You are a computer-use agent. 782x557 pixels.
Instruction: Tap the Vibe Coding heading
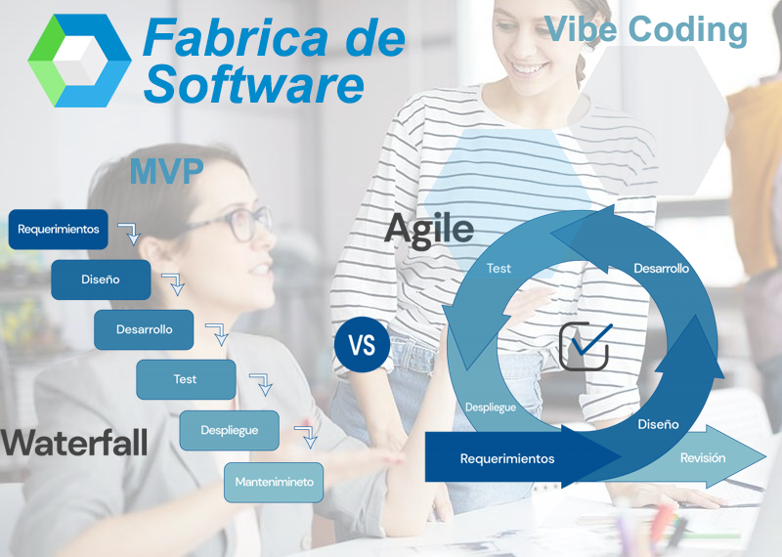coord(646,29)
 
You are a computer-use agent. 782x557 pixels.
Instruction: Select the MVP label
coord(166,172)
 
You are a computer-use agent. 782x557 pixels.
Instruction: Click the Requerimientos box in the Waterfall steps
coord(59,230)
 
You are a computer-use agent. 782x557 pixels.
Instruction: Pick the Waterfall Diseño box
coord(101,279)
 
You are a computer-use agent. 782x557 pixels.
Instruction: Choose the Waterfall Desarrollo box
coord(144,329)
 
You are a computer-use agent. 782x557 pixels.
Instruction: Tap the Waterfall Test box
coord(186,379)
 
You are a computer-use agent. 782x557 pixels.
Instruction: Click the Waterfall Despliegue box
coord(229,430)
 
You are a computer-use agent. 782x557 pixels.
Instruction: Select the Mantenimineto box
coord(274,482)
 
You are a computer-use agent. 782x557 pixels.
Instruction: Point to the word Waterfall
coord(74,442)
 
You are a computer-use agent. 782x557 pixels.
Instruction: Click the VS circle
coord(362,345)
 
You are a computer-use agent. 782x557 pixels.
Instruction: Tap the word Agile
coord(429,228)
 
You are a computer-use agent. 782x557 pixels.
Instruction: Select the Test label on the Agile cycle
coord(499,268)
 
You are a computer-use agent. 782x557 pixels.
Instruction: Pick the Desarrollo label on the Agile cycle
coord(661,268)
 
